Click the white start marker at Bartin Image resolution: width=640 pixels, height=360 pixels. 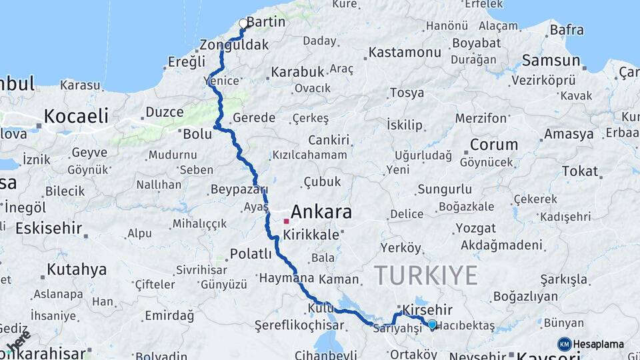coord(243,23)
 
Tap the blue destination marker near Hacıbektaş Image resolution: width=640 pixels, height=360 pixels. coord(432,325)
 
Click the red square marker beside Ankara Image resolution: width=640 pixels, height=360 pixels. coord(286,221)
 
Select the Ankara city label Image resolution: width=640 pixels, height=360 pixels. coord(321,213)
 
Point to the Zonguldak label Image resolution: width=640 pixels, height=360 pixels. coord(234,45)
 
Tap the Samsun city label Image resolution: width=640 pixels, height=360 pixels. coord(551,61)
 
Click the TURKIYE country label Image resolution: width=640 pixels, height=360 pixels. coord(426,275)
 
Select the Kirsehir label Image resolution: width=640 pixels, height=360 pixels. coord(427,310)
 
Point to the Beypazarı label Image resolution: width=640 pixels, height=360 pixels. coord(239,189)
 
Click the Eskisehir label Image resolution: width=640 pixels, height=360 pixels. coord(48,228)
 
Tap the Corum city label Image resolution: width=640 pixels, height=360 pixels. coord(493,145)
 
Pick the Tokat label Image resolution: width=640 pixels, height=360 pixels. coord(579,171)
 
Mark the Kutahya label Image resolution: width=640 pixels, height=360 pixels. coord(77,270)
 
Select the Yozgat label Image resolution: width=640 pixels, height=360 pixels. coord(475,228)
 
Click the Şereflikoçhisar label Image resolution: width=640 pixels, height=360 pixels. coord(299,325)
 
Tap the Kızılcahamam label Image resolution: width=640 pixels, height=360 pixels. coord(309,155)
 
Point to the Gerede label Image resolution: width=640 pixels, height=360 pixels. coord(253,118)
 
